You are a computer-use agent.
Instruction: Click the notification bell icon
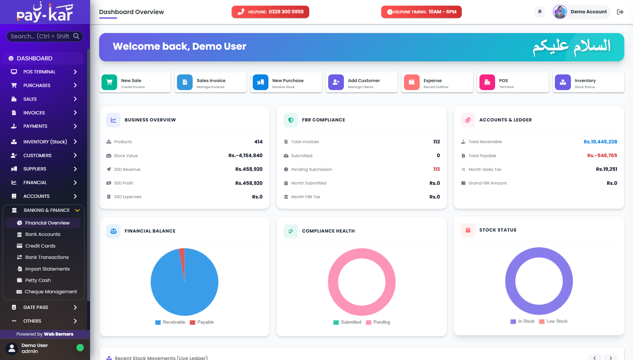click(x=540, y=12)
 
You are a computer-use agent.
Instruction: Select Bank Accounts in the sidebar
click(x=43, y=234)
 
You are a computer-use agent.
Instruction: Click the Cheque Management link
click(x=51, y=292)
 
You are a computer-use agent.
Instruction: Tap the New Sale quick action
click(x=135, y=82)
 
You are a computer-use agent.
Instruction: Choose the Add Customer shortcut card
click(x=362, y=82)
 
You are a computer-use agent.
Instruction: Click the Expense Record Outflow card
click(x=437, y=82)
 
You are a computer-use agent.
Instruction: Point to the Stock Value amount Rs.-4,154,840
click(x=245, y=155)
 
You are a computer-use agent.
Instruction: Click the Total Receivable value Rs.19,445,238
click(x=600, y=142)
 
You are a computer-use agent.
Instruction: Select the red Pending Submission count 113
click(x=436, y=169)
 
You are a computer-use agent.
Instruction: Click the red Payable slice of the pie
click(x=182, y=262)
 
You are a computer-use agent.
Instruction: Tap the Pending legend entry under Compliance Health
click(x=378, y=322)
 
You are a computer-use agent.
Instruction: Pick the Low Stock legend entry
click(x=553, y=321)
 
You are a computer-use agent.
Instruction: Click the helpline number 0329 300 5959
click(x=286, y=12)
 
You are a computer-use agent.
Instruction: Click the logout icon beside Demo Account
click(x=620, y=12)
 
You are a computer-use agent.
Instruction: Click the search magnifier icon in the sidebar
click(x=76, y=36)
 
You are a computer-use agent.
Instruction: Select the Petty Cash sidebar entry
click(x=38, y=280)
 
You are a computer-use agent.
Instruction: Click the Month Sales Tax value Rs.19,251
click(x=607, y=169)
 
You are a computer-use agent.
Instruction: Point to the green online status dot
click(x=80, y=348)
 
